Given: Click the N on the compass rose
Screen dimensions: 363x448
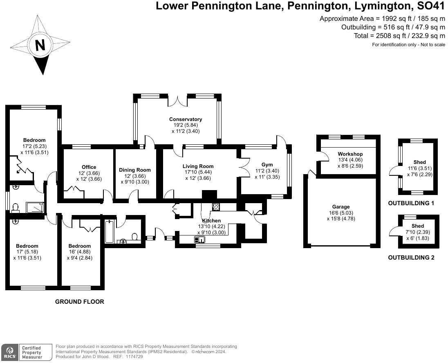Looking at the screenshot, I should (x=40, y=45).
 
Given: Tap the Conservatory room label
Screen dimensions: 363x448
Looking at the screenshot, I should (x=186, y=119).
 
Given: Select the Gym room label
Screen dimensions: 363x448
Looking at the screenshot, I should (x=267, y=165).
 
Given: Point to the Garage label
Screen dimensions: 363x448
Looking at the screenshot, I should (x=341, y=207).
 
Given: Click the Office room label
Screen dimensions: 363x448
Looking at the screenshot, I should (x=89, y=167).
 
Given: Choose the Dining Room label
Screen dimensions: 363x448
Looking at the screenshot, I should (x=135, y=170).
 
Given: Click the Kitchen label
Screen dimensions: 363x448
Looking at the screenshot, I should (x=211, y=221).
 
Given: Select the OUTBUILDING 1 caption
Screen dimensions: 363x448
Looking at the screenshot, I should (x=411, y=203).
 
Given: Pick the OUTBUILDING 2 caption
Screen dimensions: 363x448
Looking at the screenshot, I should (x=411, y=258).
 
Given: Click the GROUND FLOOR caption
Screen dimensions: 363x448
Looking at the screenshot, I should (x=80, y=302).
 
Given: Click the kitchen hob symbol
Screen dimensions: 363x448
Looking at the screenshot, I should (x=216, y=207).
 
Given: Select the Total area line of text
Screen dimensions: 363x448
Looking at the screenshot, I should (x=399, y=36).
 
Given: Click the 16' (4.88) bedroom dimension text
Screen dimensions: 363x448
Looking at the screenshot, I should (x=79, y=252).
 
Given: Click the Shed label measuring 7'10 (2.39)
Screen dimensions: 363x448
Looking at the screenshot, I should (x=418, y=226).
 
